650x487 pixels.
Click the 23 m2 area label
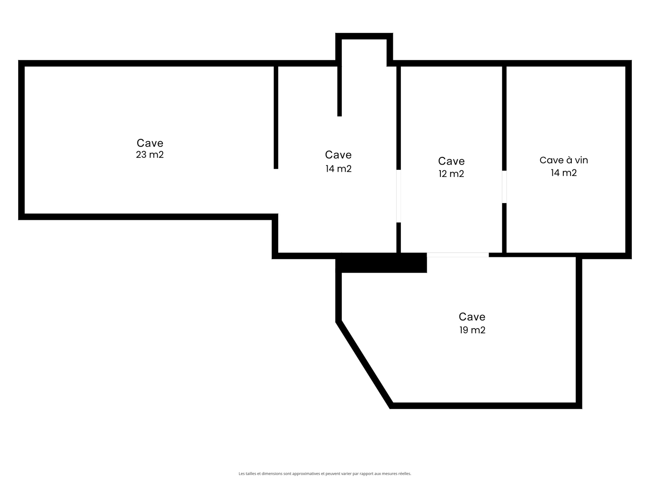150,155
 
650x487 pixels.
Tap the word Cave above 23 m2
150,143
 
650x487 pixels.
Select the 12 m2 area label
451,174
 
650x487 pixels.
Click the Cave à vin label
563,160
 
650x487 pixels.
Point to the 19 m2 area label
472,330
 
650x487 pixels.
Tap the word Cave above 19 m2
472,317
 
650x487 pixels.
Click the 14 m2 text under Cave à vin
563,173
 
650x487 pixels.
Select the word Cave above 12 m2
451,161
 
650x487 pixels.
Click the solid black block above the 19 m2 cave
381,263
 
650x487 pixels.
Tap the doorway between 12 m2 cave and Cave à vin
504,187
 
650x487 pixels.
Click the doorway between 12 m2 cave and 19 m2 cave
458,255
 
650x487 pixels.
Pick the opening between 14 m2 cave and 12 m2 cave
399,196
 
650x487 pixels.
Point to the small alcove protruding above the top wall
364,36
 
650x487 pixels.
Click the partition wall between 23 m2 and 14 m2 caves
276,117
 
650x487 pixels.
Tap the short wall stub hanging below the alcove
340,91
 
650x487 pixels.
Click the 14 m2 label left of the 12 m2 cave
339,168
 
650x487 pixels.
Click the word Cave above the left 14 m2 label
338,155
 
